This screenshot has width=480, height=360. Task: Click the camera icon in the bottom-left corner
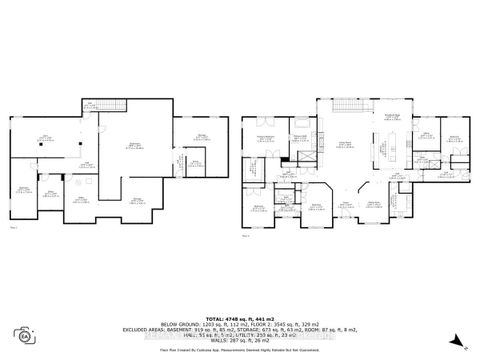[x=20, y=332]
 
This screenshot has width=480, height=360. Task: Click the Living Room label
[x=345, y=143]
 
